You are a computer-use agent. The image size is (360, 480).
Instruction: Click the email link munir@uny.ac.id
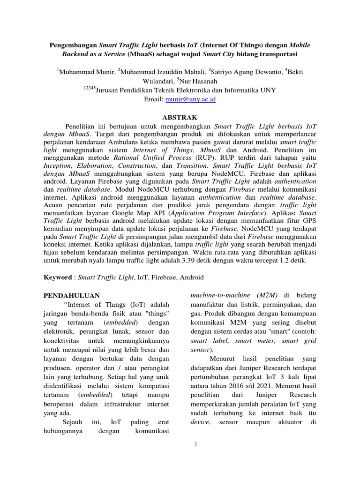click(x=190, y=100)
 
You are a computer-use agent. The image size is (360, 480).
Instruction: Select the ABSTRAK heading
click(x=180, y=117)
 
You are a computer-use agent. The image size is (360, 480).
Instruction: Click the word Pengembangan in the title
click(x=73, y=45)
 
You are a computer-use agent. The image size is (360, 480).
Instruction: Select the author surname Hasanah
click(x=199, y=81)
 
